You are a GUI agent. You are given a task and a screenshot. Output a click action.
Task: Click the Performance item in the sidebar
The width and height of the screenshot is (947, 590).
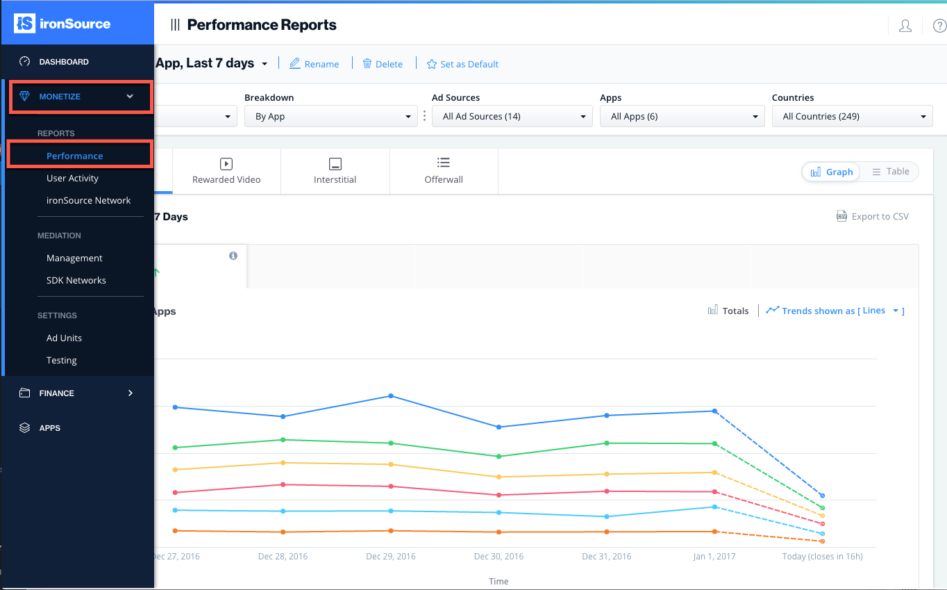(x=74, y=156)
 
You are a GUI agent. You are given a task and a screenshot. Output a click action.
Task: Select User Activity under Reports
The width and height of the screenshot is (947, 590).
(x=72, y=179)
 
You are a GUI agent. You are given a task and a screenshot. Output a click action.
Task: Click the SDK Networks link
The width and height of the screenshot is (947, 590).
(x=76, y=281)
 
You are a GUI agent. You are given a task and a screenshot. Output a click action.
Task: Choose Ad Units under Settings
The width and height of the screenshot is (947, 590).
(x=64, y=338)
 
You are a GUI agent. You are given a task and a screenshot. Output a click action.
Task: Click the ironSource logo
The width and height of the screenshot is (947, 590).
(x=62, y=24)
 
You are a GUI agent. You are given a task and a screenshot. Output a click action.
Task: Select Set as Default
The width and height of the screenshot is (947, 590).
(x=462, y=64)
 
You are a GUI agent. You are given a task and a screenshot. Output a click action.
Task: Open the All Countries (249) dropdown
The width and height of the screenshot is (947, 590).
(x=852, y=117)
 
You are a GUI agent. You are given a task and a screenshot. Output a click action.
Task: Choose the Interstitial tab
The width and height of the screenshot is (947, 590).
(x=335, y=171)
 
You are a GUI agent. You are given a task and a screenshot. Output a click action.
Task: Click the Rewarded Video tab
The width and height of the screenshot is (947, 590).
(x=226, y=171)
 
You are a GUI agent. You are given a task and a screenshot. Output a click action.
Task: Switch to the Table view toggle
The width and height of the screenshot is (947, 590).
(x=891, y=172)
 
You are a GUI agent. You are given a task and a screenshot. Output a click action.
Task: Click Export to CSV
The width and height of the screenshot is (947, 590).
(x=873, y=217)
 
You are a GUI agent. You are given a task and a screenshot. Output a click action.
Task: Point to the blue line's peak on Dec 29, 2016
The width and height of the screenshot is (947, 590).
(x=391, y=396)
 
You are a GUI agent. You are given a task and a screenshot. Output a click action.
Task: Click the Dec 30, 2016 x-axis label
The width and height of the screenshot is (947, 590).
(x=498, y=557)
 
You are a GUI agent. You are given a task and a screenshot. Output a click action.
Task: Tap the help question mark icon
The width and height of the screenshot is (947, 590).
(x=939, y=26)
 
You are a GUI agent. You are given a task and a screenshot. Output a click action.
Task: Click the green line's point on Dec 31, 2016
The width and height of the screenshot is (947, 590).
(x=607, y=443)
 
